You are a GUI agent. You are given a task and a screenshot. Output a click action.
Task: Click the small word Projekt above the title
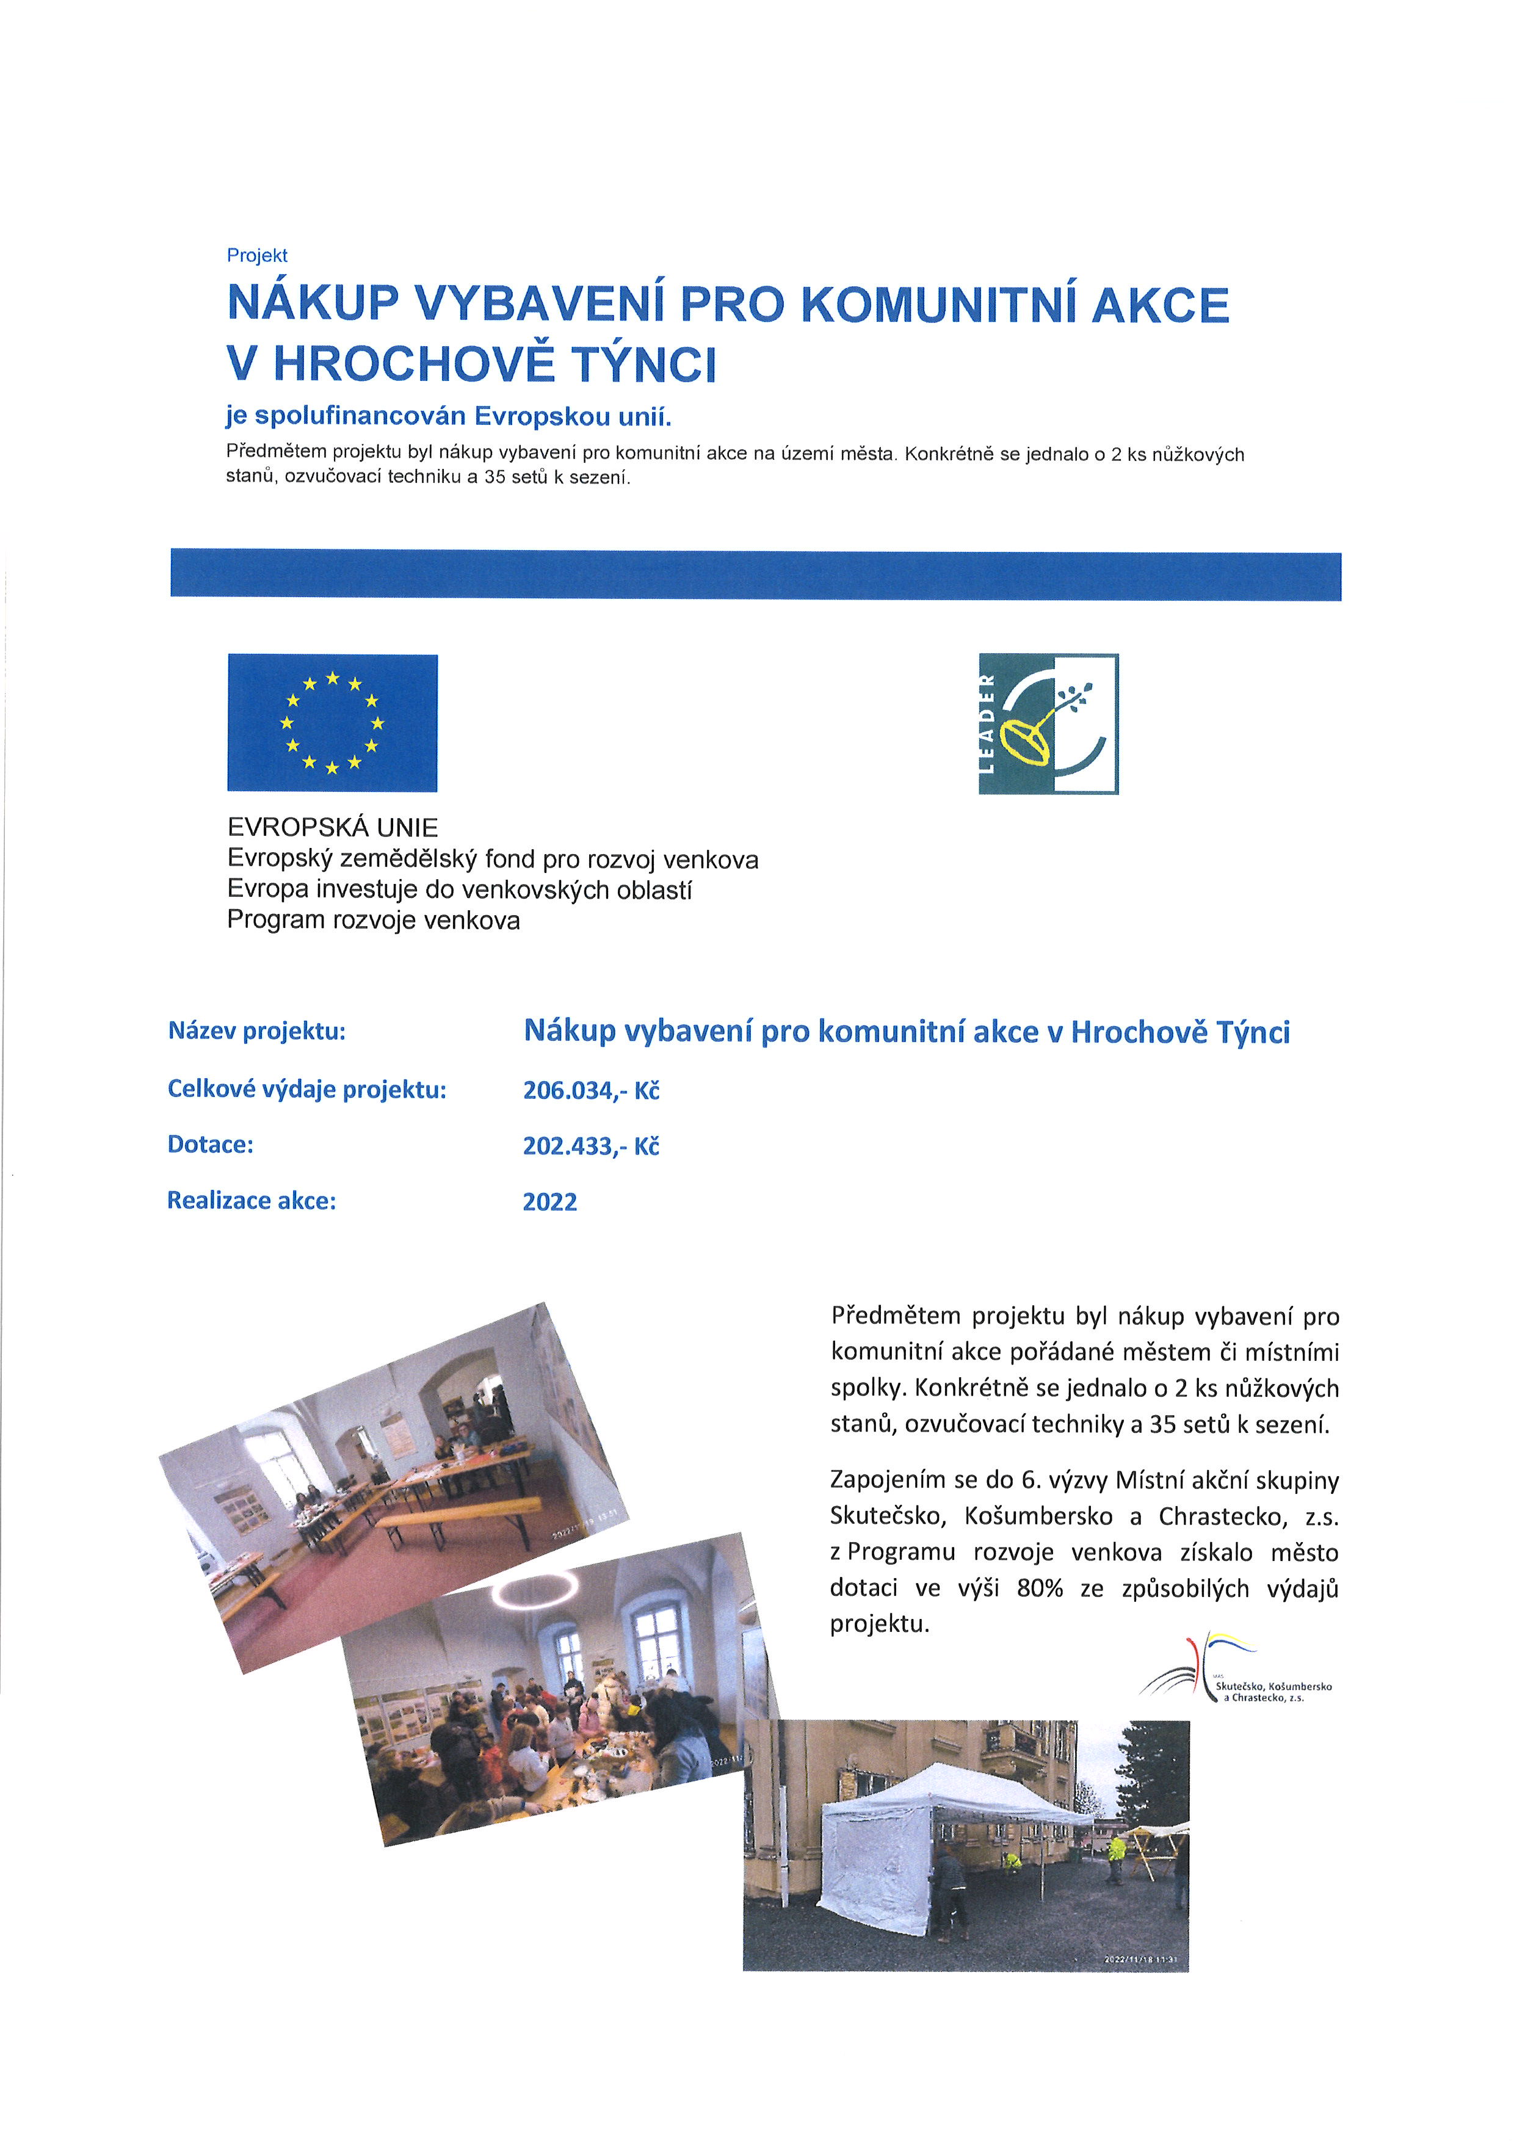pyautogui.click(x=257, y=256)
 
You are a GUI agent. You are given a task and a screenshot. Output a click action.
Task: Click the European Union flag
pyautogui.click(x=332, y=723)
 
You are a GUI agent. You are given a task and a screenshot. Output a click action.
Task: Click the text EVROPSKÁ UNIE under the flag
pyautogui.click(x=333, y=827)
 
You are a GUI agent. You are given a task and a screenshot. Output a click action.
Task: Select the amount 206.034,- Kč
pyautogui.click(x=591, y=1090)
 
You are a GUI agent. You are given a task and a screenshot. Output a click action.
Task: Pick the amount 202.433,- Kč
pyautogui.click(x=591, y=1146)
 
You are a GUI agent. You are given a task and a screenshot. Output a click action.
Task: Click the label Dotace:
pyautogui.click(x=211, y=1145)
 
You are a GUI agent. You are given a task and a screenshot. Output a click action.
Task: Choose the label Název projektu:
pyautogui.click(x=256, y=1031)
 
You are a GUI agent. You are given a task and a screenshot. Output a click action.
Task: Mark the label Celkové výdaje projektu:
pyautogui.click(x=306, y=1089)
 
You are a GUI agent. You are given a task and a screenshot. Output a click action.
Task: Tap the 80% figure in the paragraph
pyautogui.click(x=1040, y=1589)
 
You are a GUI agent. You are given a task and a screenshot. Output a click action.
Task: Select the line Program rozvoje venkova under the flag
pyautogui.click(x=373, y=921)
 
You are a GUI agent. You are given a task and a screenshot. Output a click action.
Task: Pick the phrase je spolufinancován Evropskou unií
pyautogui.click(x=449, y=416)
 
